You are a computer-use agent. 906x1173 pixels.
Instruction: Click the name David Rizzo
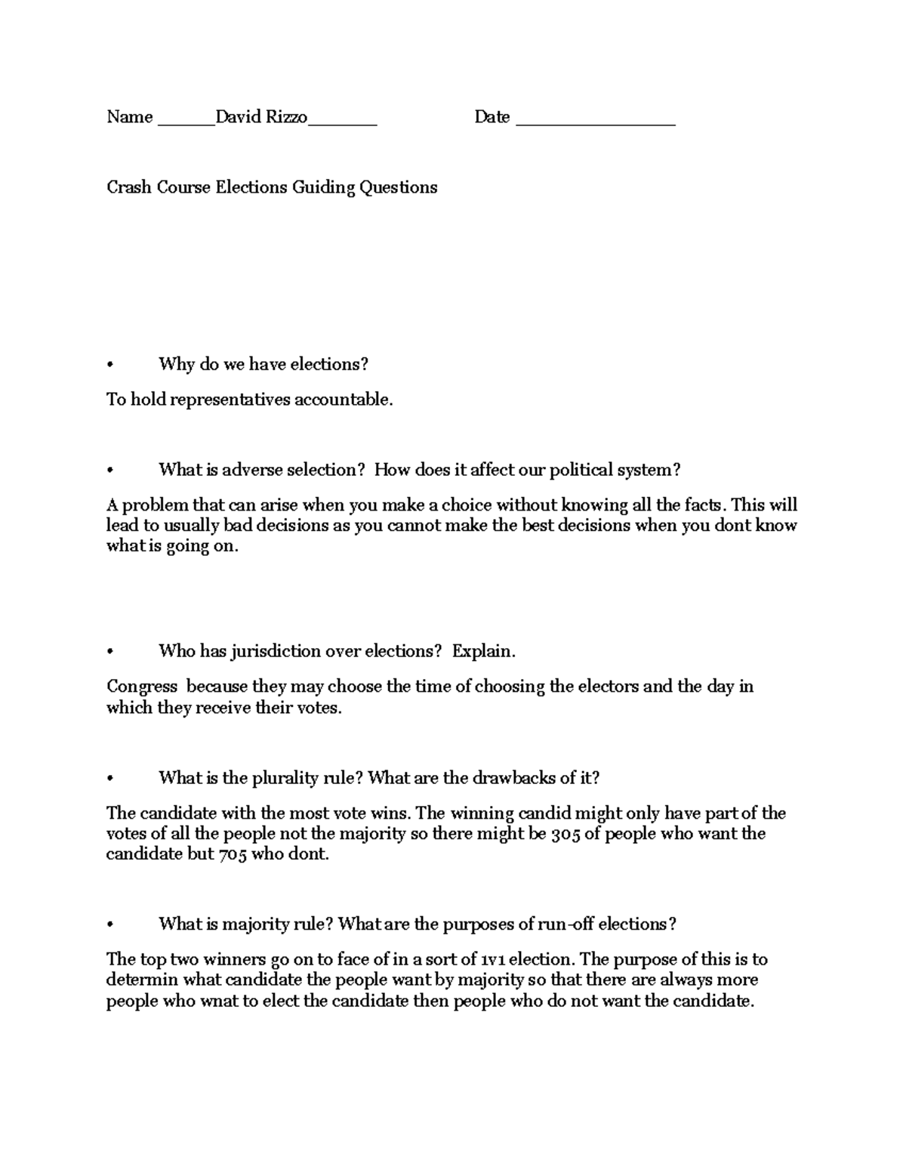261,117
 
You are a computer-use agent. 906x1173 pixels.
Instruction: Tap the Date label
492,117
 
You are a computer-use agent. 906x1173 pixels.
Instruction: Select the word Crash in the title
129,187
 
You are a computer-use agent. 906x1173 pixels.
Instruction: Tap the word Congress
142,687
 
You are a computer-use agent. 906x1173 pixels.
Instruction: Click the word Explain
483,651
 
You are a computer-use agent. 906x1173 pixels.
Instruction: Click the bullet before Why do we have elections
110,365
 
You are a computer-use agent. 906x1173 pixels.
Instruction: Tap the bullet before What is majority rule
110,925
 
